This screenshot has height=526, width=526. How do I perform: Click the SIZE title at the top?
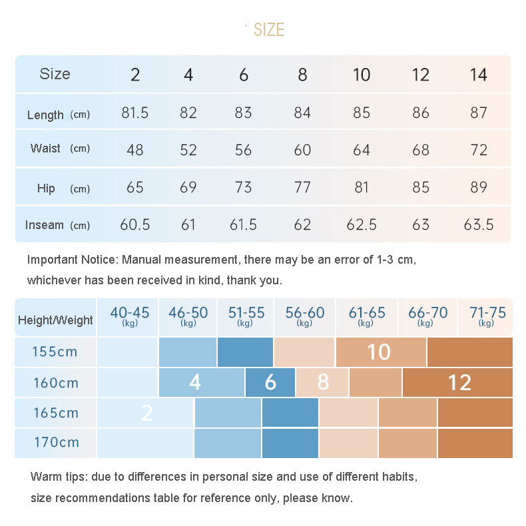click(268, 30)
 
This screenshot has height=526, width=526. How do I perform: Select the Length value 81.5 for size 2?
click(135, 113)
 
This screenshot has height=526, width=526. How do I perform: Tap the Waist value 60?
click(302, 150)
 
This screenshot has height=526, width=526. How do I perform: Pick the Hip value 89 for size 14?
click(479, 187)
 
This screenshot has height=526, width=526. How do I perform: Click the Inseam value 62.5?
click(362, 224)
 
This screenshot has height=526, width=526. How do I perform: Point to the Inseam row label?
click(45, 225)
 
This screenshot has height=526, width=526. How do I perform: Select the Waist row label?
click(45, 148)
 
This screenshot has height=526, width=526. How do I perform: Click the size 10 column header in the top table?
click(362, 75)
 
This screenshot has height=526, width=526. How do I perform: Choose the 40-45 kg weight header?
click(130, 315)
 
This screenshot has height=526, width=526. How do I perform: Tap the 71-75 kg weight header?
click(487, 315)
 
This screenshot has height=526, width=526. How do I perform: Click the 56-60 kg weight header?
click(304, 315)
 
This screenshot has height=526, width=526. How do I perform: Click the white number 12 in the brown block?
click(459, 382)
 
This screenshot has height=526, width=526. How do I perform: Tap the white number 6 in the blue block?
click(270, 382)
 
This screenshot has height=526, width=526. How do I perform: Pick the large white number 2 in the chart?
click(147, 413)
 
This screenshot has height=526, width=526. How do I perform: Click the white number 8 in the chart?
click(323, 382)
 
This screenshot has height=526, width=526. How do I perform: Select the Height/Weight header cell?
click(56, 320)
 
